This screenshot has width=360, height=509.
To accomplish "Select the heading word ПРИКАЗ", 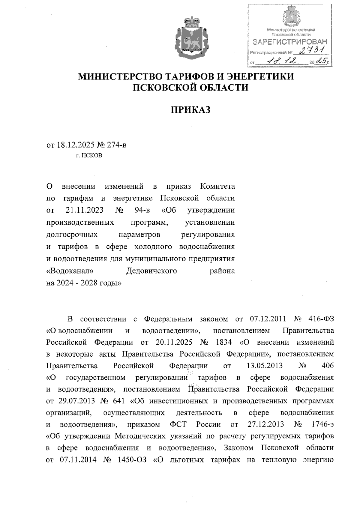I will click(191, 110).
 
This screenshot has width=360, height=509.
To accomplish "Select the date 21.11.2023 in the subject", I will click(84, 210).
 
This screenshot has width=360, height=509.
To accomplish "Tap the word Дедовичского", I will click(151, 271).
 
